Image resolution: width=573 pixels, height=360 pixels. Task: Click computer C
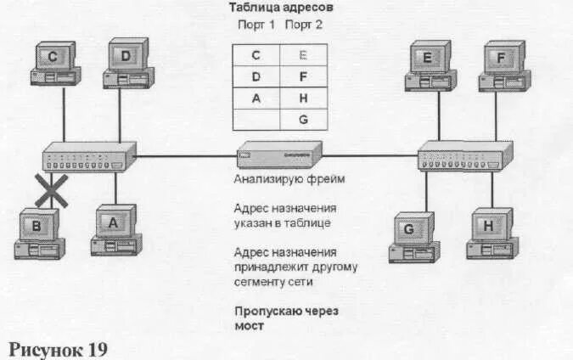[x=53, y=65]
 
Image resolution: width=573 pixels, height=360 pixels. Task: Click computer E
[x=429, y=66]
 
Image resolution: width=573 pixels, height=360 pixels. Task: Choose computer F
[x=504, y=66]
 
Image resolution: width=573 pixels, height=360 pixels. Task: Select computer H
[x=490, y=233]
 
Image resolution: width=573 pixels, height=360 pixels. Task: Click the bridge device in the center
[x=279, y=155]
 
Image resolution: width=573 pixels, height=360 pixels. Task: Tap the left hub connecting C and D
[x=90, y=157]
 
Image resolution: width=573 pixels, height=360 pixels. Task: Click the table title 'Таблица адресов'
[x=280, y=8]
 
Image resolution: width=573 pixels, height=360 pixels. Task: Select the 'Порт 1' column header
[x=256, y=25]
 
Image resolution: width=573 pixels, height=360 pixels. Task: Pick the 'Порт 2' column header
[x=304, y=25]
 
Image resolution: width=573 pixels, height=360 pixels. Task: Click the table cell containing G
[x=303, y=120]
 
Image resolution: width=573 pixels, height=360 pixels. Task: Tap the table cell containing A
[x=256, y=98]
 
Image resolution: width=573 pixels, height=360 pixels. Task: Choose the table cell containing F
[x=303, y=77]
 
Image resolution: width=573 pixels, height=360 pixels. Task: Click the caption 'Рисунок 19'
[x=58, y=348]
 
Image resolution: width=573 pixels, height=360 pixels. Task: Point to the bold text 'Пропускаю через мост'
[x=286, y=318]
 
